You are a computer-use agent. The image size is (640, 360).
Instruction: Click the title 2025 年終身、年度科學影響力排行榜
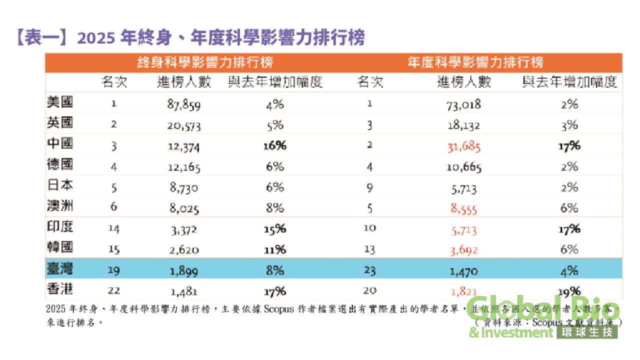pyautogui.click(x=190, y=38)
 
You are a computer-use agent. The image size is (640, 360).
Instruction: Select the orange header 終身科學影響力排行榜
pyautogui.click(x=205, y=62)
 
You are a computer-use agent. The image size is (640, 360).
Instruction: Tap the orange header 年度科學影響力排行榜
pyautogui.click(x=475, y=62)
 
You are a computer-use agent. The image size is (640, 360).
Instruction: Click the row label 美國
pyautogui.click(x=60, y=102)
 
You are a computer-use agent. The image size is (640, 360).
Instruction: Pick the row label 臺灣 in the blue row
pyautogui.click(x=60, y=269)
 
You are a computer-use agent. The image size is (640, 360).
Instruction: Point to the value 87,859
pyautogui.click(x=184, y=104)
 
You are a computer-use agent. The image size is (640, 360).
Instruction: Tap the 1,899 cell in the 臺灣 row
pyautogui.click(x=183, y=270)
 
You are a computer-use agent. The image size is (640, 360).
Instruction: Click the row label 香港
pyautogui.click(x=60, y=290)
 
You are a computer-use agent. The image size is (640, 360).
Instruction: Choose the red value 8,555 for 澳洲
pyautogui.click(x=464, y=208)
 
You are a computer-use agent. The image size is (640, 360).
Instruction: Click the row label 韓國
pyautogui.click(x=60, y=248)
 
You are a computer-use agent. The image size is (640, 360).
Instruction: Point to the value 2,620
pyautogui.click(x=183, y=250)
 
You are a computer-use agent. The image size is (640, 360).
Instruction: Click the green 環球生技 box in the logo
pyautogui.click(x=587, y=331)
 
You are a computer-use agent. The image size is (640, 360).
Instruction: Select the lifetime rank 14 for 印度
pyautogui.click(x=114, y=229)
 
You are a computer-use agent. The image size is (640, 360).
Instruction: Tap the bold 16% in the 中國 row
pyautogui.click(x=275, y=146)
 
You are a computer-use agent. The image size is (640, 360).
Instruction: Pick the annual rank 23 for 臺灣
pyautogui.click(x=370, y=270)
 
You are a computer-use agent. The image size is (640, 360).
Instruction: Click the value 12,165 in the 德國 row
pyautogui.click(x=183, y=166)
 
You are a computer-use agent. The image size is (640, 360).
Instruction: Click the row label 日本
pyautogui.click(x=60, y=185)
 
